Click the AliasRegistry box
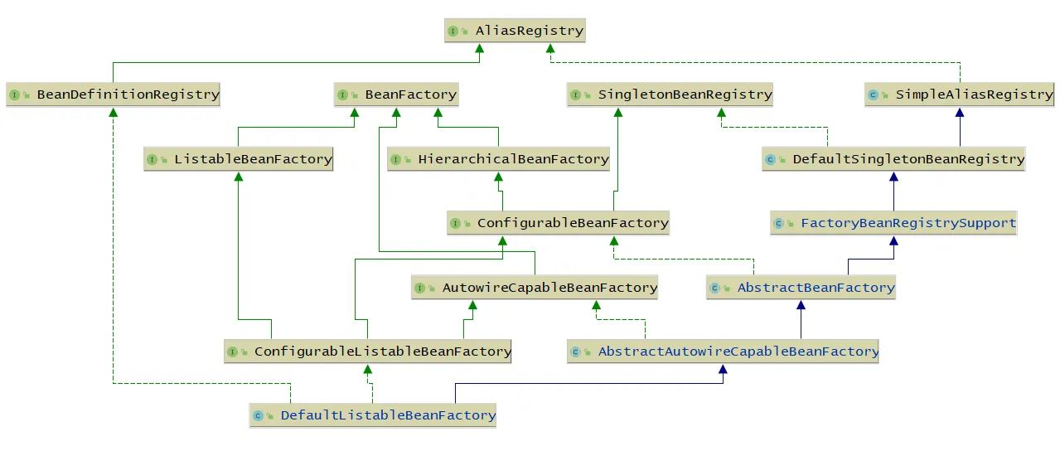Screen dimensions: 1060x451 coord(515,31)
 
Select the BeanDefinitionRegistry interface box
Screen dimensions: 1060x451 coord(113,95)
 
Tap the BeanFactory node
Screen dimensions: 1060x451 coord(396,95)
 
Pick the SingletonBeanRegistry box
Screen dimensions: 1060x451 coord(670,95)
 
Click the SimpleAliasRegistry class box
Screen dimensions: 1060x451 coord(959,95)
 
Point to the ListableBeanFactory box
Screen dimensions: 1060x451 coord(239,159)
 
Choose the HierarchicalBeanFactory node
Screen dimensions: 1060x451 coord(498,159)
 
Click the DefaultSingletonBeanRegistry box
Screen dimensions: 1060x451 coord(893,159)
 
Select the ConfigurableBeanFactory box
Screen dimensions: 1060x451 coord(558,223)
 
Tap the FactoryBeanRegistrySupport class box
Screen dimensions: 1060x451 coord(893,223)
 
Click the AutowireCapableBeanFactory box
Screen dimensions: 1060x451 coord(535,287)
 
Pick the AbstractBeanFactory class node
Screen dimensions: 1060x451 coord(801,287)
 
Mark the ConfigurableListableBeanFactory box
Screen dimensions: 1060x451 coord(368,352)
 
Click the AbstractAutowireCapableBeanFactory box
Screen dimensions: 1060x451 coord(723,352)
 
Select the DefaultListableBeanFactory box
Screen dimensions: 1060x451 coord(373,415)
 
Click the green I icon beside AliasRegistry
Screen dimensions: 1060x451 coord(453,32)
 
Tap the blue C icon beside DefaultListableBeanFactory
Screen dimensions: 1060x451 coord(258,416)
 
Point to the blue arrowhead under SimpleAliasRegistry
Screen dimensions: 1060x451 coord(960,113)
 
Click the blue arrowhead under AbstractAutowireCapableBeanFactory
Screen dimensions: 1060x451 coord(723,369)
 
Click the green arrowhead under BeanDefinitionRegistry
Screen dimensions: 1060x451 coord(113,113)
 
